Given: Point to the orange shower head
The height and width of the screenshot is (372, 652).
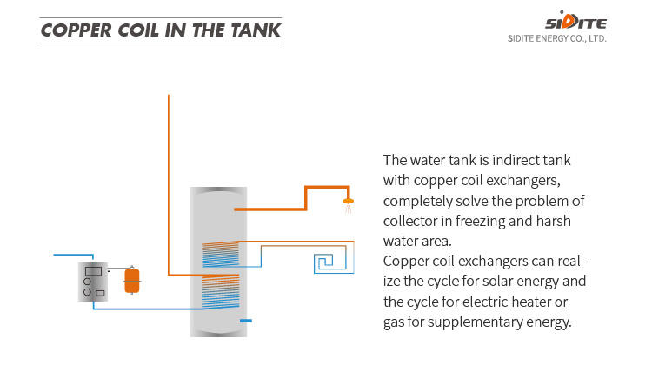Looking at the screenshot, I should click(x=349, y=203).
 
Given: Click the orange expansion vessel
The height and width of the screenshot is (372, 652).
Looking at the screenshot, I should click(x=131, y=280).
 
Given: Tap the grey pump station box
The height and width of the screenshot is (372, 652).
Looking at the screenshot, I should click(x=92, y=281).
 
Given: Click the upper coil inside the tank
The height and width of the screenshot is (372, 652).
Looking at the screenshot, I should click(x=219, y=254).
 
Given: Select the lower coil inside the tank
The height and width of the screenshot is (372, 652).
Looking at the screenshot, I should click(x=219, y=290).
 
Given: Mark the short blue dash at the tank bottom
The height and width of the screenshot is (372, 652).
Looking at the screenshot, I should click(x=245, y=321).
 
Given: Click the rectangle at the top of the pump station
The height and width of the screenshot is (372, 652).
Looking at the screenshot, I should click(x=93, y=271).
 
